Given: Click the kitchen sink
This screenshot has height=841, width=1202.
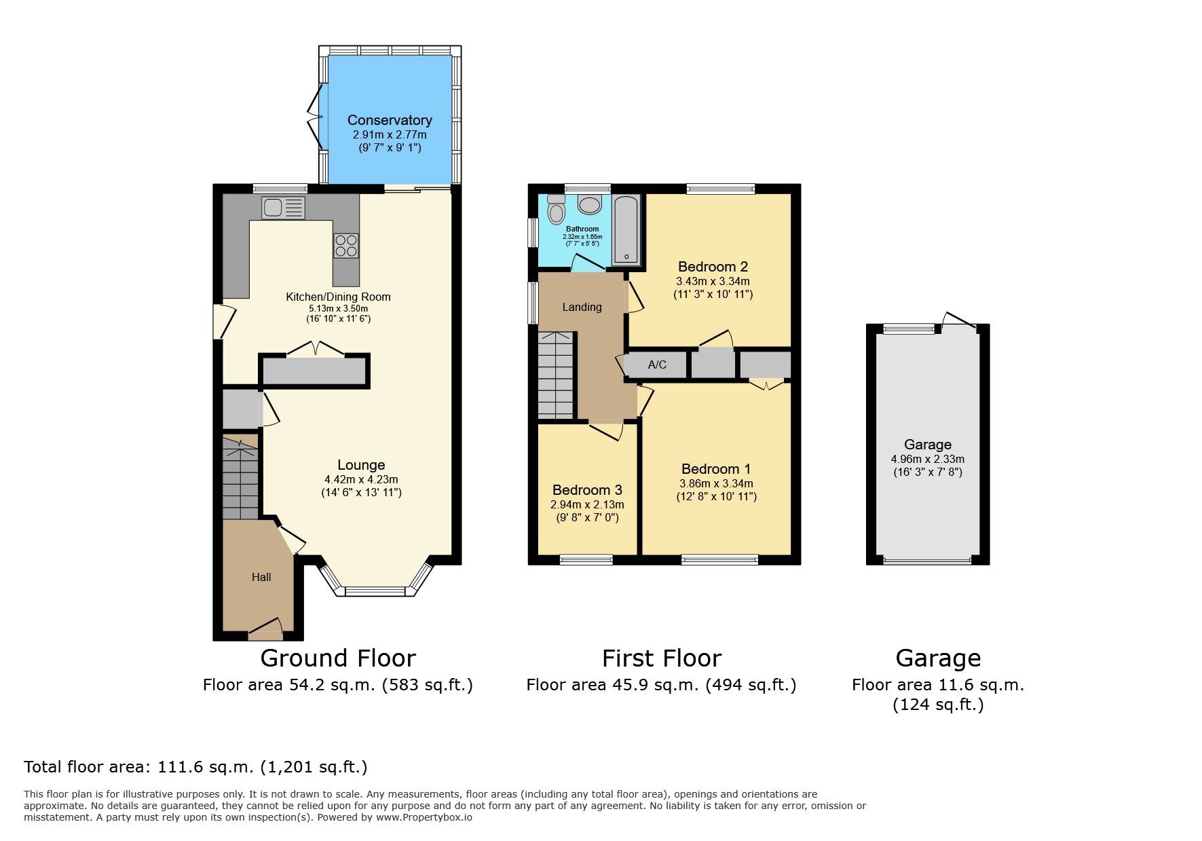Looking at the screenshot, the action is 284,208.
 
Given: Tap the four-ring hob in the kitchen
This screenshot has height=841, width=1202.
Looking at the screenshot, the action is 346,246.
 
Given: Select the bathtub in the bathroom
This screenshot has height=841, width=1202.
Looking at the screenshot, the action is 626,230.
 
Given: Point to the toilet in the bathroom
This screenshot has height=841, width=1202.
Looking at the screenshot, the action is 557,209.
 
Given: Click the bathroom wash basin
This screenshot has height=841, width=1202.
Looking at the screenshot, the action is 588,204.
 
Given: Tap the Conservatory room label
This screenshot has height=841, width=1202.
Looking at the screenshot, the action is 390,120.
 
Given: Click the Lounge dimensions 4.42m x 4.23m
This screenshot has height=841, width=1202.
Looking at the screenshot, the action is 361,479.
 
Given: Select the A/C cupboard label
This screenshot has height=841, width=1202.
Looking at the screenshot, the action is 657,365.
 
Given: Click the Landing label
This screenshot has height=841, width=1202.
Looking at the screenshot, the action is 582,307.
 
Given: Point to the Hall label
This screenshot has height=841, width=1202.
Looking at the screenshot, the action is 261,577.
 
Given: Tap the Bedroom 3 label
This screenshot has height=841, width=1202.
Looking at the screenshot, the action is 587,490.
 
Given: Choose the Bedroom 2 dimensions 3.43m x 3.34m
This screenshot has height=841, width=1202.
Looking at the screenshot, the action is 713,281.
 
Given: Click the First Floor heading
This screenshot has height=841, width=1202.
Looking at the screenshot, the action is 662,658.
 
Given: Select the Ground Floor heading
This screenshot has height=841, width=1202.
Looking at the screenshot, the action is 338,658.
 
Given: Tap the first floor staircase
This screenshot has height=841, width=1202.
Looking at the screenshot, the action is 556,375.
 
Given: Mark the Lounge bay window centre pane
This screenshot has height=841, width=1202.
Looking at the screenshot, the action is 376,591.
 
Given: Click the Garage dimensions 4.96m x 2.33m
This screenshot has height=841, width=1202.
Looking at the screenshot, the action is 928,459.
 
